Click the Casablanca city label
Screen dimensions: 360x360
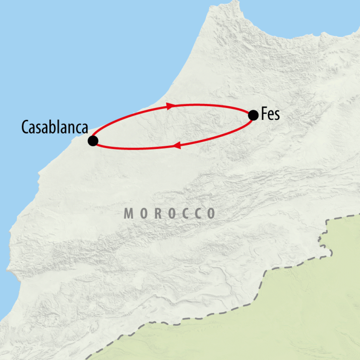pos(54,127)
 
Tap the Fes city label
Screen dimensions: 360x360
pos(270,115)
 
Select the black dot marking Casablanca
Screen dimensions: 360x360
pos(93,141)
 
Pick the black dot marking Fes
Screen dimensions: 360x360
pos(253,115)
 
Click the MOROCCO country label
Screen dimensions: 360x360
pos(170,214)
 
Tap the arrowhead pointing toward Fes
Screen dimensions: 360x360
pos(171,106)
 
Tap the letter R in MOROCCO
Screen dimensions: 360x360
pos(157,214)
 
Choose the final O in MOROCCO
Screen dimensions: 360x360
pos(211,214)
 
